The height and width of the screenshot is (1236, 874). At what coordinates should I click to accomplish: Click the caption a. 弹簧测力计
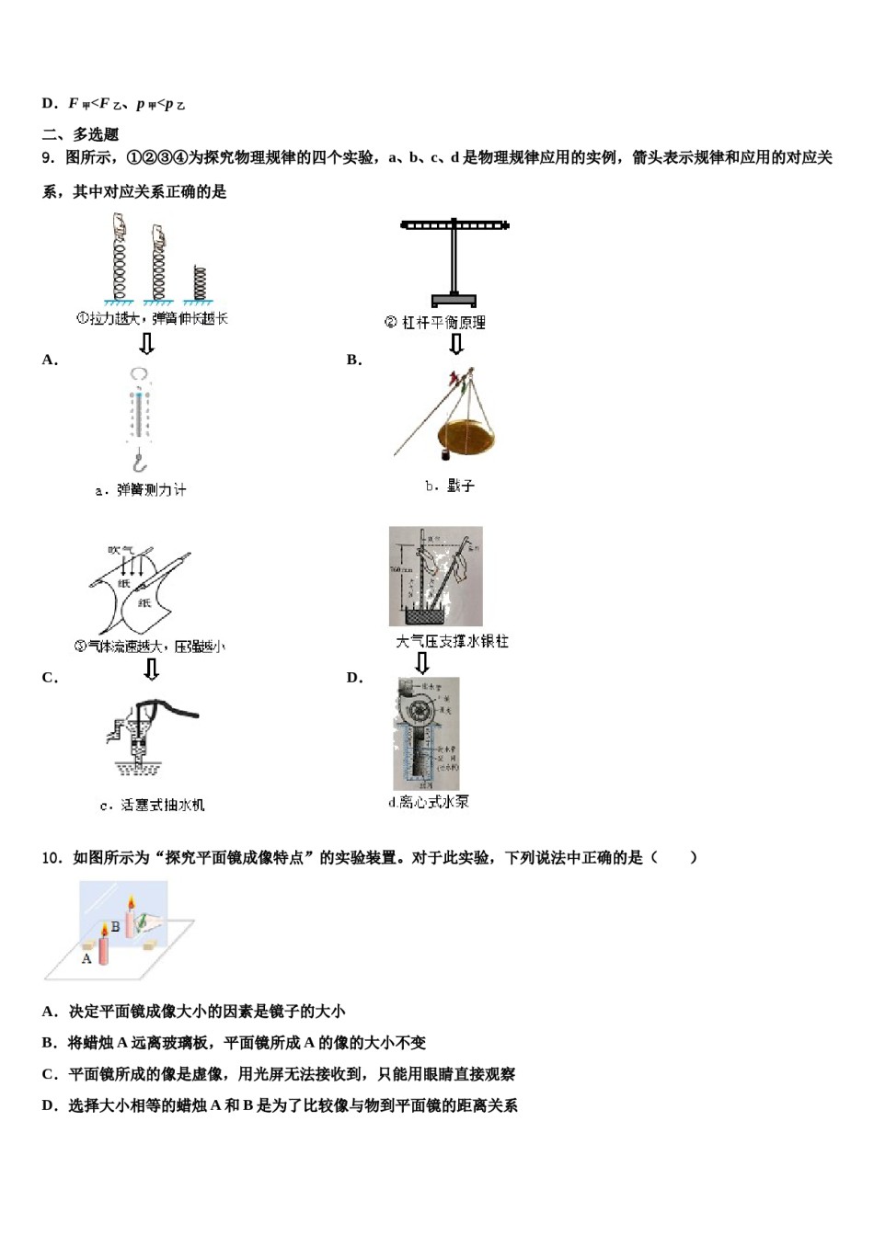pyautogui.click(x=141, y=490)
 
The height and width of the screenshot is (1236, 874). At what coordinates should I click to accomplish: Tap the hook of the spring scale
pyautogui.click(x=140, y=460)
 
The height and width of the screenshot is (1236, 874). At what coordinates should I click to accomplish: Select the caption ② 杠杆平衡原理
pyautogui.click(x=434, y=323)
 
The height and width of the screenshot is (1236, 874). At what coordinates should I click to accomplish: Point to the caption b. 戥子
pyautogui.click(x=449, y=486)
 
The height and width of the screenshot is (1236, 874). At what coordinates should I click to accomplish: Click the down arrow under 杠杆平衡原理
pyautogui.click(x=455, y=344)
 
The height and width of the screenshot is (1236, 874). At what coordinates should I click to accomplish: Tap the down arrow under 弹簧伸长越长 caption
pyautogui.click(x=145, y=344)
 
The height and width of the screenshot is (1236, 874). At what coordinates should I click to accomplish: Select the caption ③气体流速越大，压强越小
pyautogui.click(x=149, y=647)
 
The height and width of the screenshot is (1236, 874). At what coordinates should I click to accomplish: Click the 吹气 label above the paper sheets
pyautogui.click(x=121, y=550)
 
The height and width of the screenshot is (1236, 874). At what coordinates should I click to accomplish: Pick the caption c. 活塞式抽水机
pyautogui.click(x=152, y=805)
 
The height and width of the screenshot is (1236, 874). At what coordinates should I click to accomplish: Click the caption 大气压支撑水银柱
pyautogui.click(x=452, y=641)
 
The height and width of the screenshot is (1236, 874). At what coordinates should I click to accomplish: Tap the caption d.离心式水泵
pyautogui.click(x=428, y=802)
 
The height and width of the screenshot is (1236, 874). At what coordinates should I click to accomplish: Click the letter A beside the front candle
pyautogui.click(x=86, y=958)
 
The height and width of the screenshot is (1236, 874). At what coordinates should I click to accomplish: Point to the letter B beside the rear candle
pyautogui.click(x=115, y=926)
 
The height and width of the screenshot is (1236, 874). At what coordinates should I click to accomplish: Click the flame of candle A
pyautogui.click(x=104, y=931)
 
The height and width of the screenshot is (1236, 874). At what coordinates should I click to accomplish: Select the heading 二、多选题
pyautogui.click(x=80, y=134)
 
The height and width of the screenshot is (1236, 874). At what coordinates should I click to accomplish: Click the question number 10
pyautogui.click(x=51, y=858)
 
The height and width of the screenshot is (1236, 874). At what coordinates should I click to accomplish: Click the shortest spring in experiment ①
pyautogui.click(x=199, y=282)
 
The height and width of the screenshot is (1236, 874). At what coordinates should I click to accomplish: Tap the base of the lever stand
pyautogui.click(x=454, y=299)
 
